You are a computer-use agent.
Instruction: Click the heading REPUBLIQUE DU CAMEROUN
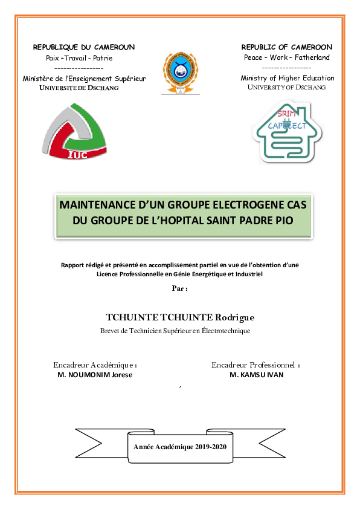[84, 47]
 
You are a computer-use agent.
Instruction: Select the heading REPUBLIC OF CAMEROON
[287, 47]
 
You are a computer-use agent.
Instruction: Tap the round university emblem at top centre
[179, 72]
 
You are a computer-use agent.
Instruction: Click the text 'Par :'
[180, 288]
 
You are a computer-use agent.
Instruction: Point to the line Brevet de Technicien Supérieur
[175, 331]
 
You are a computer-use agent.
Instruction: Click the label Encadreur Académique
[95, 365]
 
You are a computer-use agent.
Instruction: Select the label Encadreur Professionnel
[256, 365]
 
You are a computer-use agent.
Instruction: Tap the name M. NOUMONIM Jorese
[95, 375]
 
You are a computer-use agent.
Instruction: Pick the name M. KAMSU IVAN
[256, 375]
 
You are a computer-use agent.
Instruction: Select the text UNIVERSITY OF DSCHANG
[287, 88]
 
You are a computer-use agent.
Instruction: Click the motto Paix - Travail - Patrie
[80, 58]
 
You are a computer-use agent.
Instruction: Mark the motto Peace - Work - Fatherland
[287, 57]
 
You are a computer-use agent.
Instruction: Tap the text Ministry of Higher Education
[288, 78]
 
